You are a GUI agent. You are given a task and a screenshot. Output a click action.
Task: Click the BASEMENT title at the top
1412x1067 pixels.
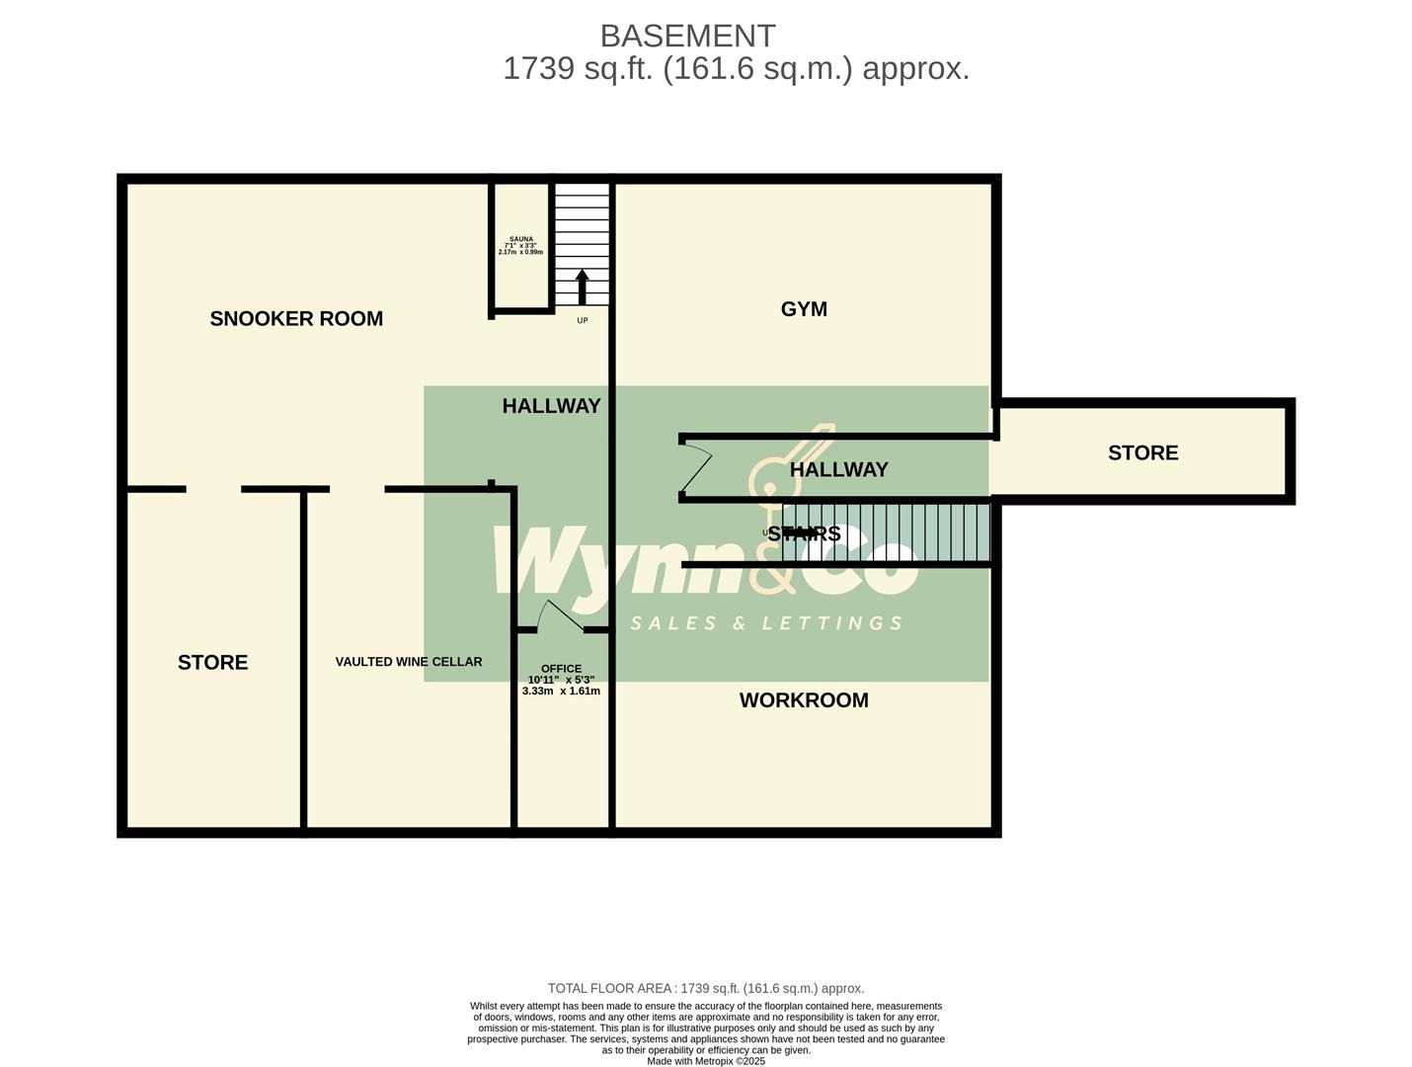[687, 36]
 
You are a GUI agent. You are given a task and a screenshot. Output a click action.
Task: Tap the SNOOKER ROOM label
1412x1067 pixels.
[296, 318]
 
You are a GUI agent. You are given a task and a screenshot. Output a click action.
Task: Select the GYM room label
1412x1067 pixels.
[804, 309]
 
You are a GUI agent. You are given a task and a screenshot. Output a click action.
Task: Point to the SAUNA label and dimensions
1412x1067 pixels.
[520, 245]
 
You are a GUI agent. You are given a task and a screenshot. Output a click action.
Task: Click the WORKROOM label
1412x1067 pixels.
[804, 700]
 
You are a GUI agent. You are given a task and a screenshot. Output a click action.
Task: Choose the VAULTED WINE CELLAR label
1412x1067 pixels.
[409, 662]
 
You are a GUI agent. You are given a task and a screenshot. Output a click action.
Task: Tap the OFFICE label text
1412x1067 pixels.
[561, 669]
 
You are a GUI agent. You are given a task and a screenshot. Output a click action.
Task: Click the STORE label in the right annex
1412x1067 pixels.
[1142, 453]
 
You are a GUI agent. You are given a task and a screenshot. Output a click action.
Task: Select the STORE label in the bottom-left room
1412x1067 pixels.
[212, 663]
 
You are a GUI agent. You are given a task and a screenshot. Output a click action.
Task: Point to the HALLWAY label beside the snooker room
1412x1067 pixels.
[551, 406]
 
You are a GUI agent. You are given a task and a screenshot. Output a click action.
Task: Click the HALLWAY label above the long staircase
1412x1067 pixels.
[838, 470]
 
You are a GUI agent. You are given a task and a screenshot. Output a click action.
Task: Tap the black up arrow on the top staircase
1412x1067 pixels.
[582, 287]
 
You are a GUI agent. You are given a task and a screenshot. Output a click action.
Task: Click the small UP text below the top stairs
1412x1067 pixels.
[582, 320]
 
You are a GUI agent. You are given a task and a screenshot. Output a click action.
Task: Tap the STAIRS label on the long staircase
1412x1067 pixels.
[804, 533]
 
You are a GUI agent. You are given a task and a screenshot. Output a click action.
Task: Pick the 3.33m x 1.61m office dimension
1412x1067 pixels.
[561, 692]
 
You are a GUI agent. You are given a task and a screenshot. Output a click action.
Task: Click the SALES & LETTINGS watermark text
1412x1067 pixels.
[766, 623]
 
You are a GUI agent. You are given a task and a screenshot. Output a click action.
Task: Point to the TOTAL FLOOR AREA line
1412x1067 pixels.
[705, 988]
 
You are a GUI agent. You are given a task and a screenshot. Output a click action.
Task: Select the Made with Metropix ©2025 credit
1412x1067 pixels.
[705, 1061]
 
